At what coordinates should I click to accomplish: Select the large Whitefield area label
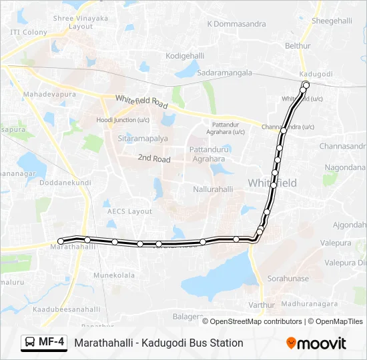(x=272, y=182)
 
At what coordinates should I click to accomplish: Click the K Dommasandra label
(x=236, y=24)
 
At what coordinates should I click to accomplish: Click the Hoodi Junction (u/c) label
(x=123, y=120)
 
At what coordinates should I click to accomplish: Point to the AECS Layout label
(x=129, y=211)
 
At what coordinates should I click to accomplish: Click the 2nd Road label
(x=154, y=159)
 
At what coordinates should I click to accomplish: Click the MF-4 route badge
(x=45, y=343)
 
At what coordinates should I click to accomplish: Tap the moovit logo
(x=316, y=343)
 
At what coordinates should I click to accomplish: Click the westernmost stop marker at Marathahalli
(x=61, y=241)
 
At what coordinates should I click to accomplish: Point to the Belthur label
(x=298, y=46)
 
